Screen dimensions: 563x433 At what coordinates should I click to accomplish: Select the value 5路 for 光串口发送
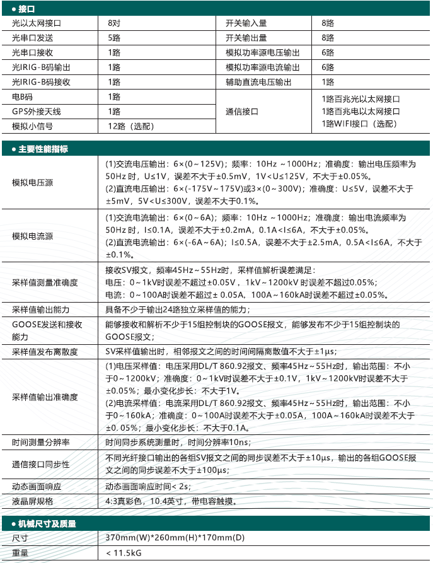tap(113, 38)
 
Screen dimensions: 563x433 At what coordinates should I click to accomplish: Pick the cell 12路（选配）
tap(131, 126)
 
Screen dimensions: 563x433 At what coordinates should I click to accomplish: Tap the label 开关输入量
tap(246, 23)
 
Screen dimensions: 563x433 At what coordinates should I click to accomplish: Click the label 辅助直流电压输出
tap(259, 82)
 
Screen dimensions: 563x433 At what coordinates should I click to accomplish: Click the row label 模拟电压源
tap(32, 183)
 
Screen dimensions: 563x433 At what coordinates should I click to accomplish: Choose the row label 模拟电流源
tap(32, 236)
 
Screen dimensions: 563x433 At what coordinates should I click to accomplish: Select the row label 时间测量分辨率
tap(40, 443)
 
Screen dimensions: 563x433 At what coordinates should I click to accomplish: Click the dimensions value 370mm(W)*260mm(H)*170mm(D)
tap(175, 538)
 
